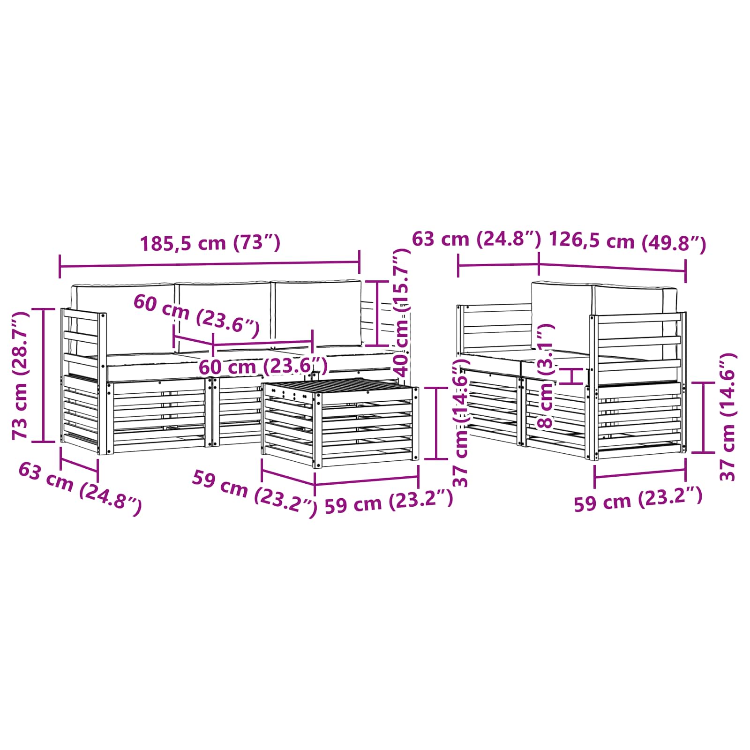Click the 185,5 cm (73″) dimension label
pyautogui.click(x=210, y=243)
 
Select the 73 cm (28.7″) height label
pyautogui.click(x=21, y=375)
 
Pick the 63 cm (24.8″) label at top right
pyautogui.click(x=476, y=239)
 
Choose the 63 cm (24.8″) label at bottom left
pyautogui.click(x=80, y=488)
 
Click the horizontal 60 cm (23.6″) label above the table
pyautogui.click(x=262, y=366)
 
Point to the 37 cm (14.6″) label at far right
pyautogui.click(x=728, y=417)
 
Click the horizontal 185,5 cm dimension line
pyautogui.click(x=210, y=265)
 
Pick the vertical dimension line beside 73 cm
pyautogui.click(x=44, y=375)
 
